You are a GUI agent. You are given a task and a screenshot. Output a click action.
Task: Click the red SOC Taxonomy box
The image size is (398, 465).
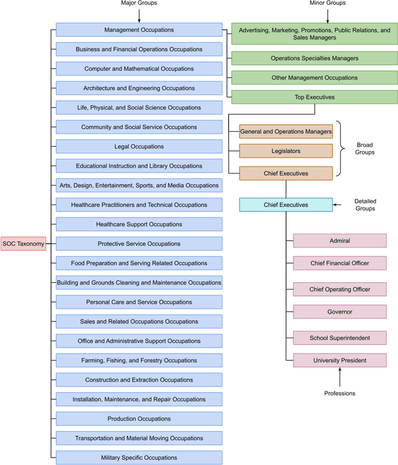click(24, 244)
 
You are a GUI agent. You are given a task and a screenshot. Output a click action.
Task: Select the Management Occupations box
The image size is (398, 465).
click(139, 30)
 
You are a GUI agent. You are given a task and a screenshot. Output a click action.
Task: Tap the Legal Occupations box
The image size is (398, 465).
click(139, 147)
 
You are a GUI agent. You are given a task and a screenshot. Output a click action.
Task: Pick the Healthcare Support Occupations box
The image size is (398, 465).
click(139, 224)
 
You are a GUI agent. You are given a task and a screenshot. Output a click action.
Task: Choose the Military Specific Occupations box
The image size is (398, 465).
click(139, 458)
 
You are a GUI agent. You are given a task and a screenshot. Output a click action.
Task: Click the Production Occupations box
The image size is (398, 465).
click(139, 419)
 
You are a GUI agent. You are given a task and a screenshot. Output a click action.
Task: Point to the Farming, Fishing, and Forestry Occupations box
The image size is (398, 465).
click(139, 361)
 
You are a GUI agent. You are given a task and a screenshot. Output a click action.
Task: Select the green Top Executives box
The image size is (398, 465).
click(314, 97)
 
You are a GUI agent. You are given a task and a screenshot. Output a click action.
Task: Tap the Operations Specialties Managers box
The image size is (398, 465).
click(314, 58)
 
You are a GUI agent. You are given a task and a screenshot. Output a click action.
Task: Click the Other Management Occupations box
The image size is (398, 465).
click(314, 78)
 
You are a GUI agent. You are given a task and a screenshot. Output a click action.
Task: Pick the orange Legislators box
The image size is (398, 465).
click(286, 151)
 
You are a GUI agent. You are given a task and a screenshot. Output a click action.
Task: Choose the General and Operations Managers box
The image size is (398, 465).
click(286, 132)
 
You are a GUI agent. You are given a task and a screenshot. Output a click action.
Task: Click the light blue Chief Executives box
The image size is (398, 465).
click(286, 205)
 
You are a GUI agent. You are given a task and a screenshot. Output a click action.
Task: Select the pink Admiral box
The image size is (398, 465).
click(340, 241)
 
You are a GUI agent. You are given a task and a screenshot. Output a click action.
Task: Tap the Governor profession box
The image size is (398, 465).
click(340, 312)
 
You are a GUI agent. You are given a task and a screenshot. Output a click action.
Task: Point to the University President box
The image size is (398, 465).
click(340, 360)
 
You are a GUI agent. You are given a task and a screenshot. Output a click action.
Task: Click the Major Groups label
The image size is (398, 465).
click(139, 4)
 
